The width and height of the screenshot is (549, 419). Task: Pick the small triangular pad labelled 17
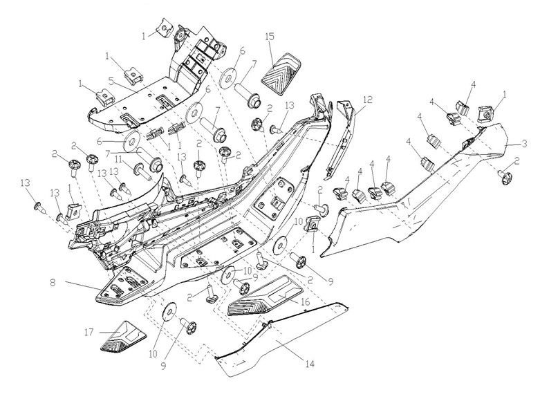[125, 337]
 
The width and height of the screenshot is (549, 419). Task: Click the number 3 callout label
[525, 143]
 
